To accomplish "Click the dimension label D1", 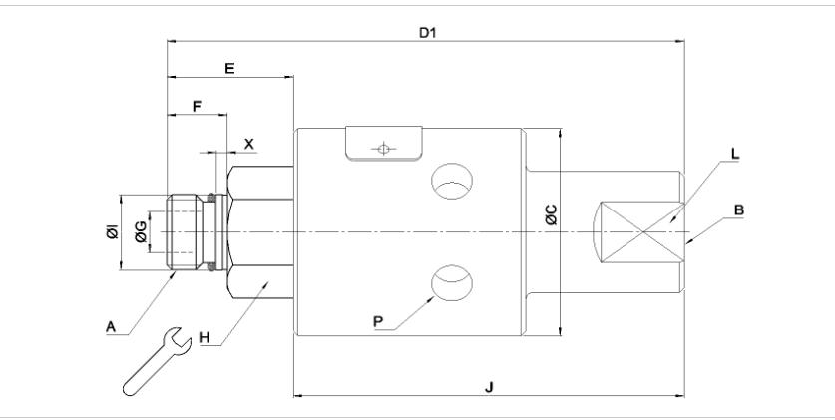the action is click(x=427, y=33).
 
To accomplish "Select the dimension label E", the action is click(x=229, y=68).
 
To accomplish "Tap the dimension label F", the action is click(x=197, y=106).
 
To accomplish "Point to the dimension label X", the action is click(x=248, y=144).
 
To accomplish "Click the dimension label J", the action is click(x=489, y=387).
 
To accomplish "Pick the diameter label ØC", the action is click(x=552, y=214).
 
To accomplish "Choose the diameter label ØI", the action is click(x=113, y=232).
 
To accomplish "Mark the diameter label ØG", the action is click(x=141, y=232).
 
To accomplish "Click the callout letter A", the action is click(x=110, y=326).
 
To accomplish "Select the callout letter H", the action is click(x=204, y=337).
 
